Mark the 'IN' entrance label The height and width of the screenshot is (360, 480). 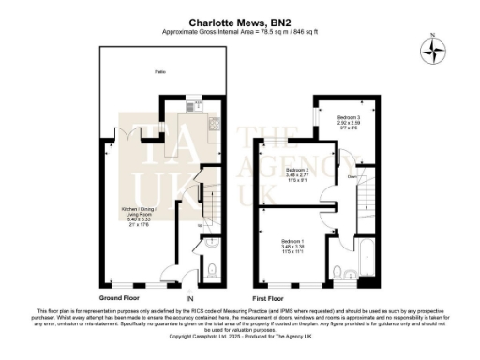point(190,297)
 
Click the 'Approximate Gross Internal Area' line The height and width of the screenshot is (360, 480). point(240,30)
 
